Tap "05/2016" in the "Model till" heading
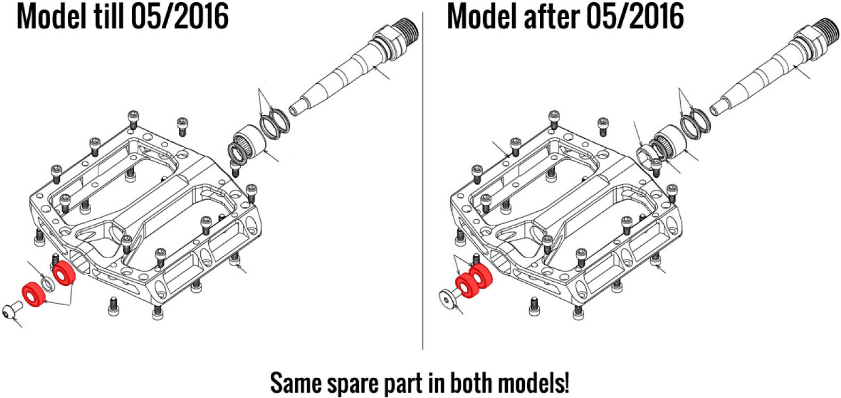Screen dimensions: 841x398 tap(179, 17)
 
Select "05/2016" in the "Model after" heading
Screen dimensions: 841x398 tap(635, 17)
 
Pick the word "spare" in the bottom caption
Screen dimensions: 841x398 tap(345, 384)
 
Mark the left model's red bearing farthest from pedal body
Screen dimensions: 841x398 tap(34, 295)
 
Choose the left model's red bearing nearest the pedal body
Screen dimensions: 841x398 tap(64, 274)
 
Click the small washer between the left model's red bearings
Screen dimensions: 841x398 tap(48, 284)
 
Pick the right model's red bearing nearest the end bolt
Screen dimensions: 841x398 tap(466, 285)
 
